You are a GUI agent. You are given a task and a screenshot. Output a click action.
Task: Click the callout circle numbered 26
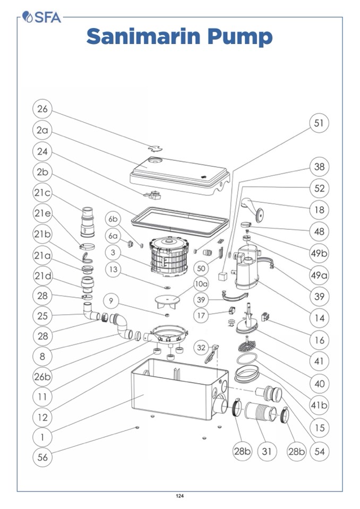(x=42, y=109)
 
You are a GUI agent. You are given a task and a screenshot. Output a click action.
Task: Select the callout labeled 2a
(x=42, y=130)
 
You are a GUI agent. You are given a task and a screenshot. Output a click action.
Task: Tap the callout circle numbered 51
(x=319, y=123)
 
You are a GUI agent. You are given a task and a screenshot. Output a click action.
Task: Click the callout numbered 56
(x=42, y=457)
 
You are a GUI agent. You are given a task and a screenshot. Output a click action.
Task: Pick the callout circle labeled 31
(x=267, y=451)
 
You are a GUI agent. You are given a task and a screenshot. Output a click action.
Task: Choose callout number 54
(x=319, y=451)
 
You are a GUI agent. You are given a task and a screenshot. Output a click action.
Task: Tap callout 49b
(x=319, y=253)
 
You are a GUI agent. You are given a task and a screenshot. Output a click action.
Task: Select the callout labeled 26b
(x=43, y=376)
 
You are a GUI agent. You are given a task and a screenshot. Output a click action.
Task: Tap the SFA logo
(x=42, y=18)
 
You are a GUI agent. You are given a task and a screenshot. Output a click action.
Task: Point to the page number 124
(x=179, y=496)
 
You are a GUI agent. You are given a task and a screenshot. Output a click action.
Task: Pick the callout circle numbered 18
(x=319, y=210)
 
